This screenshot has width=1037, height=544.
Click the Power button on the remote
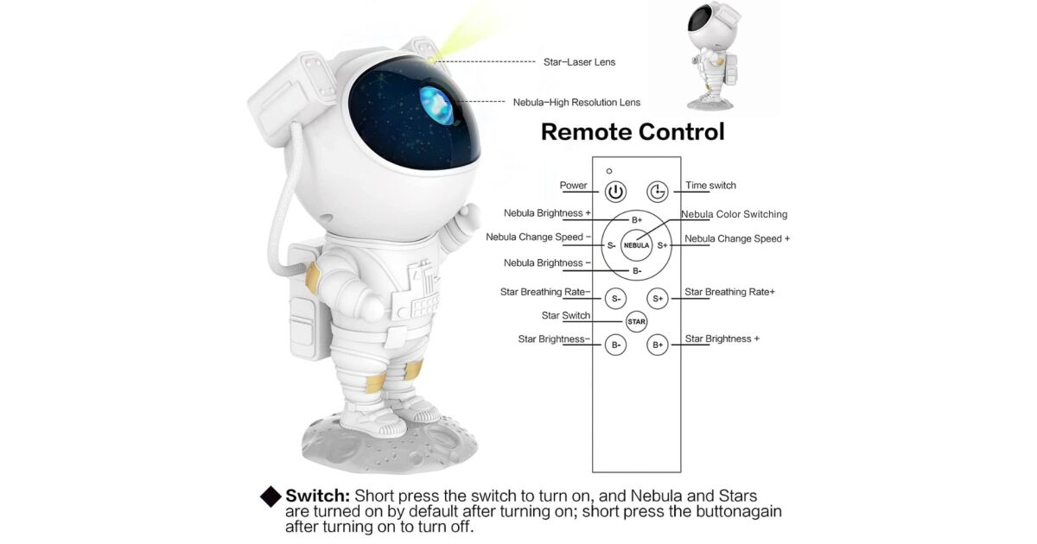tap(615, 192)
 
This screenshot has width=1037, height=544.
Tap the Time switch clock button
tap(658, 192)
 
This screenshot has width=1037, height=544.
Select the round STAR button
tap(636, 321)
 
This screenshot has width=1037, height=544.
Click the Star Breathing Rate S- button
tap(615, 299)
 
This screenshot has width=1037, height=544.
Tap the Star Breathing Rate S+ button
tap(658, 299)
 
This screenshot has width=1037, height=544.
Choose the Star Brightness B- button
tap(615, 345)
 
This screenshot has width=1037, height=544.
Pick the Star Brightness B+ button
tap(658, 345)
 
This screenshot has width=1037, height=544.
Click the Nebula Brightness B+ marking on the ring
tap(637, 220)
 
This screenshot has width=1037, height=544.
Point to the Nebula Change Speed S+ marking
tap(663, 245)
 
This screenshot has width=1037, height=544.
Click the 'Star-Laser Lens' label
tap(579, 62)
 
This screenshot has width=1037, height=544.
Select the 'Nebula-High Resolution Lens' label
tap(576, 102)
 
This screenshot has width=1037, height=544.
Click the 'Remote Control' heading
tap(633, 131)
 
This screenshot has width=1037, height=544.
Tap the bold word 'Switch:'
tap(318, 496)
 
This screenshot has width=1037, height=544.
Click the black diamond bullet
tap(270, 497)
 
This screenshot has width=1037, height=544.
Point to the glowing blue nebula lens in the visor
tap(436, 105)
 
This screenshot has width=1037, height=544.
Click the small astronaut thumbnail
tap(713, 55)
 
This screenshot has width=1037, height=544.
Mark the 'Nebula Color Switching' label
tap(734, 214)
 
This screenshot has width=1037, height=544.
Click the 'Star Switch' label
tap(566, 315)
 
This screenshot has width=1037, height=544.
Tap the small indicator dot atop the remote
tap(609, 171)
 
